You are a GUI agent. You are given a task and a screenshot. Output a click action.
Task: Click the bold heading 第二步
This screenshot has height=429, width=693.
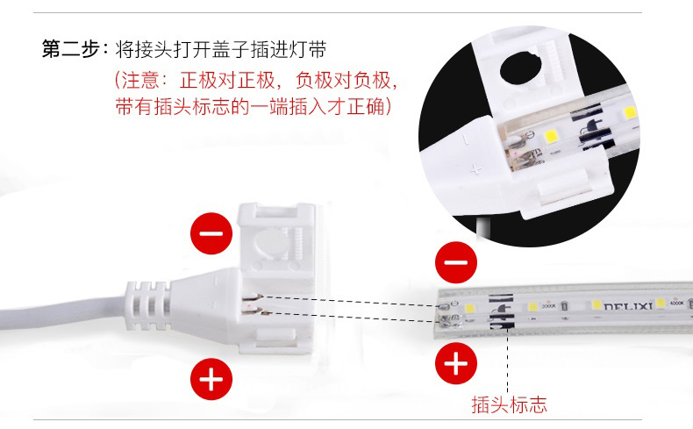pyautogui.click(x=71, y=48)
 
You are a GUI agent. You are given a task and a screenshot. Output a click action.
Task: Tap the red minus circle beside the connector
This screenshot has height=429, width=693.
pyautogui.click(x=211, y=233)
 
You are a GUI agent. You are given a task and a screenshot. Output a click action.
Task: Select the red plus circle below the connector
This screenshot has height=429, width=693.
pyautogui.click(x=211, y=379)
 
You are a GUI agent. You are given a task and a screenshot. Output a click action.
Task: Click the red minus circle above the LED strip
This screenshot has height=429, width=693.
pyautogui.click(x=456, y=262)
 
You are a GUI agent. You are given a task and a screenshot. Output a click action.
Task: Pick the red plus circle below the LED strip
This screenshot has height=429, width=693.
pyautogui.click(x=456, y=363)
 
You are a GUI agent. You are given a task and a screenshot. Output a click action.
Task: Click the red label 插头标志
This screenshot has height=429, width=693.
pyautogui.click(x=509, y=404)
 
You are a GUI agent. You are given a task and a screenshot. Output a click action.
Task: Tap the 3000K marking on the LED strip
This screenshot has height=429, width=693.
pyautogui.click(x=549, y=305)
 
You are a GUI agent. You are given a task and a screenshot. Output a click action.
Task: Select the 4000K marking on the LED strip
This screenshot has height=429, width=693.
pyautogui.click(x=676, y=303)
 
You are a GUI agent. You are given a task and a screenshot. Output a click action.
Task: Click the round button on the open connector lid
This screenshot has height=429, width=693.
pyautogui.click(x=268, y=243)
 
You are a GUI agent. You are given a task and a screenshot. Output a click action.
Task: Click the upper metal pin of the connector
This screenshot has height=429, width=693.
pyautogui.click(x=253, y=297)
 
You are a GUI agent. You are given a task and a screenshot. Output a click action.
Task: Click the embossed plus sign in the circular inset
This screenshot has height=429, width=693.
pyautogui.click(x=475, y=169)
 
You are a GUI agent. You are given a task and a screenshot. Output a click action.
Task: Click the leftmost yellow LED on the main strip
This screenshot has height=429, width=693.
pyautogui.click(x=470, y=308)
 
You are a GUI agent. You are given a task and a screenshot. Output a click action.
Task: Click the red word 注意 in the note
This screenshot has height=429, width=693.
pyautogui.click(x=140, y=80)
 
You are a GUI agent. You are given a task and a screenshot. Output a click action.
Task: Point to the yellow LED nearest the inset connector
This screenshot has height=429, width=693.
pyautogui.click(x=550, y=136)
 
